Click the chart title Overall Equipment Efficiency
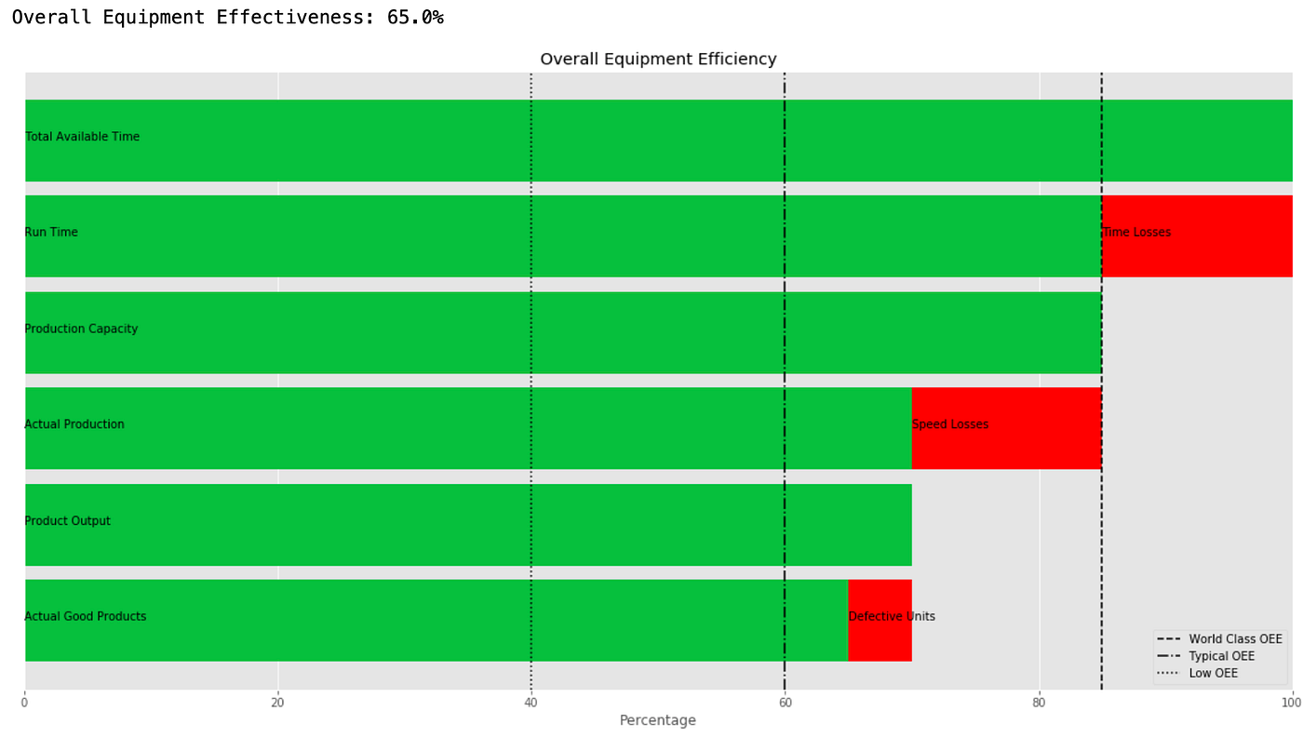point(658,60)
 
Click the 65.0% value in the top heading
point(415,18)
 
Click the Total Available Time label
point(83,137)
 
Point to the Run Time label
point(51,233)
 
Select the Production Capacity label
point(81,329)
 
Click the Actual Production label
point(74,425)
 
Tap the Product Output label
point(68,521)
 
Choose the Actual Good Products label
point(86,617)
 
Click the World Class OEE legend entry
point(1234,639)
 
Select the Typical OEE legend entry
point(1221,656)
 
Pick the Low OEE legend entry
point(1213,673)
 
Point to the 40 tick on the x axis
point(531,703)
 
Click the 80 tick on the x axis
point(1039,703)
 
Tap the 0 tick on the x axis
point(24,703)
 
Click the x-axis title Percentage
point(657,720)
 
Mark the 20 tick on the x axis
point(277,703)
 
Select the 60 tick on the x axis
point(785,703)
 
